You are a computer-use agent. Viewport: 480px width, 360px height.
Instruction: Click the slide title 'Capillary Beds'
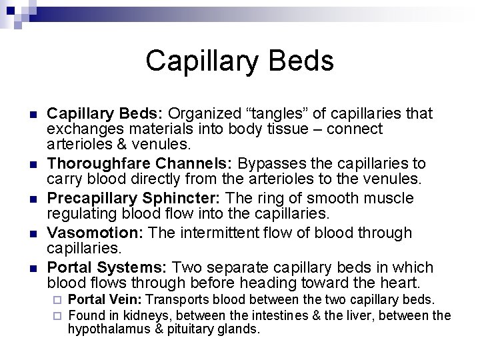pyautogui.click(x=239, y=61)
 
